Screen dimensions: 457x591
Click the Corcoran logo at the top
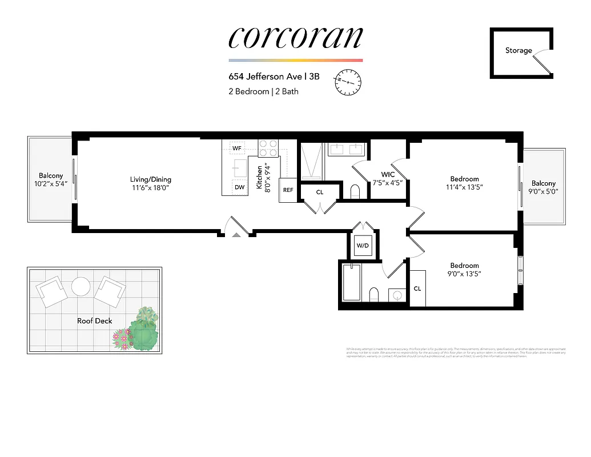(x=295, y=38)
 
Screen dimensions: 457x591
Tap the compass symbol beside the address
(x=348, y=82)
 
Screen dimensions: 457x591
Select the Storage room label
(x=518, y=51)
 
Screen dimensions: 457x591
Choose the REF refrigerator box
(x=288, y=190)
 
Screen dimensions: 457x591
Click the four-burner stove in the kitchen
(x=268, y=149)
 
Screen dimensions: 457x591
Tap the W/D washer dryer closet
(x=363, y=246)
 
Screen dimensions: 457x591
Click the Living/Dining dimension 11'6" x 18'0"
(x=150, y=187)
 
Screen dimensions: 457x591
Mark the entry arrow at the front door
(x=236, y=234)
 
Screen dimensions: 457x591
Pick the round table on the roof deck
(x=81, y=286)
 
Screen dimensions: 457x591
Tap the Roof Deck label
(x=95, y=321)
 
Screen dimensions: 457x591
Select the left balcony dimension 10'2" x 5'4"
(x=51, y=184)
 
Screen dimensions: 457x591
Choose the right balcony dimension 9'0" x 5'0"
(x=544, y=192)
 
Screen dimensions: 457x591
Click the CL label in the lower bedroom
(x=417, y=289)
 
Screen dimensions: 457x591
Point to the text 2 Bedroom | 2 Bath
(x=263, y=91)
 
